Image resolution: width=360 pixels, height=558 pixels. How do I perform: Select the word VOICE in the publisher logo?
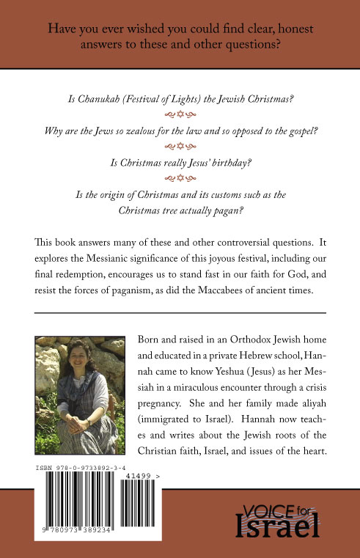[x=269, y=507]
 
